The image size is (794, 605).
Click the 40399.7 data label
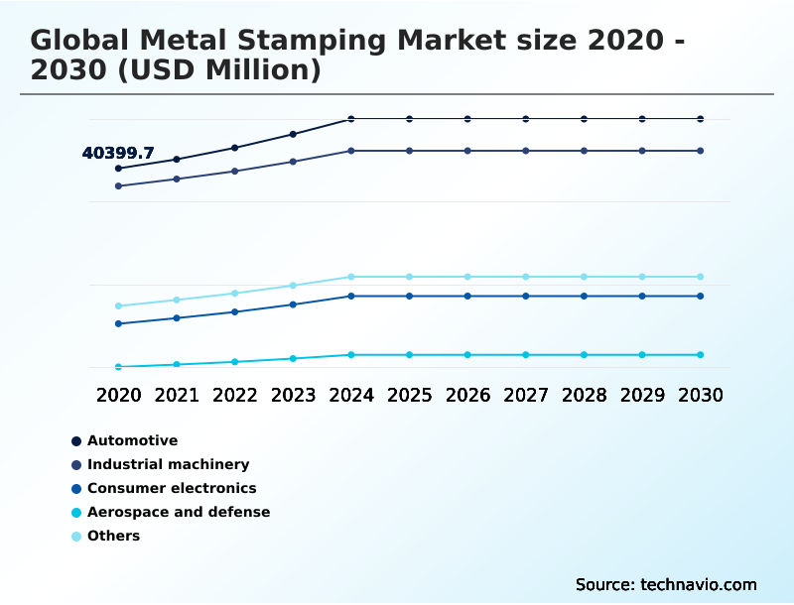118,153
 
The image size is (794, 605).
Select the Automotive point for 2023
293,134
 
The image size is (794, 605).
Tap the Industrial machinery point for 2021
177,179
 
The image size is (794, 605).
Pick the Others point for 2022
235,293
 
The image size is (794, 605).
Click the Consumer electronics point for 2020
118,323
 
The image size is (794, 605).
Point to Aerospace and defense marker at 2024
351,354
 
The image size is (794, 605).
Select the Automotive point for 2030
701,119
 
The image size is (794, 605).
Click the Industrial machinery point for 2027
526,151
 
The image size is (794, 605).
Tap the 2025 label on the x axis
409,395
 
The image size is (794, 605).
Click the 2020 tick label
118,395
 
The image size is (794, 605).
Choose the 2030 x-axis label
701,395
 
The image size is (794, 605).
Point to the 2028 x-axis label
584,395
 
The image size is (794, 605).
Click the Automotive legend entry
132,440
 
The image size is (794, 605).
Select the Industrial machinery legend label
168,464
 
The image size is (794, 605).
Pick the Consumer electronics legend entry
172,488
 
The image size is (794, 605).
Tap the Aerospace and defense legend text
179,512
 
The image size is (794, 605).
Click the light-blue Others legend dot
76,536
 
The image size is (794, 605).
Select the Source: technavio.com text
666,584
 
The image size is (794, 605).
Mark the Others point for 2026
467,277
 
